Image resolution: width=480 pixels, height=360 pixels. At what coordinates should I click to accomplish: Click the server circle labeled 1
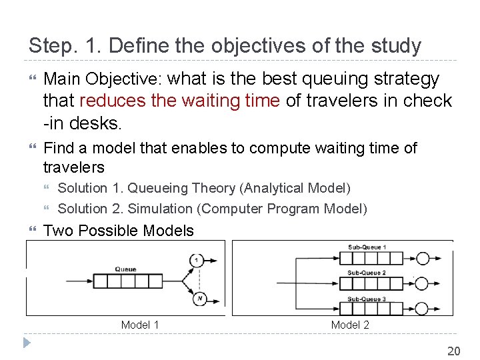tap(197, 259)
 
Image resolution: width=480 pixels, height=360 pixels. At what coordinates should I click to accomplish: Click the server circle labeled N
tap(199, 299)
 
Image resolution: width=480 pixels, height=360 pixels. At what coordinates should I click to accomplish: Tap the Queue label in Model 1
tap(125, 269)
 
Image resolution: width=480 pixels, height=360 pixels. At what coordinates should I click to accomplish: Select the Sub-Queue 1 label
tap(366, 247)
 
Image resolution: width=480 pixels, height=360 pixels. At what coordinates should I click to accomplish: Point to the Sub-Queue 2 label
tap(366, 273)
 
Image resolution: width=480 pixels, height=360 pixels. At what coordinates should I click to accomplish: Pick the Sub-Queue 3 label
tap(366, 299)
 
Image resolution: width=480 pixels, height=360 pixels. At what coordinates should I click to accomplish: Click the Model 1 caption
tap(140, 325)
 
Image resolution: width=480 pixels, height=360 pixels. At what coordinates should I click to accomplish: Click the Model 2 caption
tap(350, 325)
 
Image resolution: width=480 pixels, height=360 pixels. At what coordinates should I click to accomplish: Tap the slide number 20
tap(453, 351)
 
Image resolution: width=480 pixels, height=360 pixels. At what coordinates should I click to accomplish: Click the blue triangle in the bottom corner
tap(27, 344)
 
